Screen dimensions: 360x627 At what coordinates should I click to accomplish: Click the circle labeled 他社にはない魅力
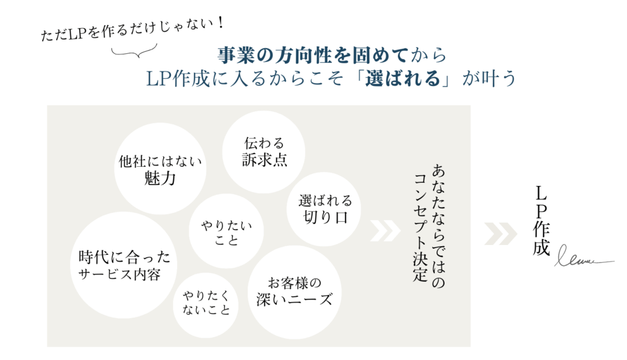(x=160, y=169)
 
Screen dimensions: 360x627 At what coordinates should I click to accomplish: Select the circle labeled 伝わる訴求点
(x=264, y=152)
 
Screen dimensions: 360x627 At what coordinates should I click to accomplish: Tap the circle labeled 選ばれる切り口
(x=325, y=208)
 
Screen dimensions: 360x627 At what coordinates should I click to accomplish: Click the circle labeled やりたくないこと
(x=206, y=303)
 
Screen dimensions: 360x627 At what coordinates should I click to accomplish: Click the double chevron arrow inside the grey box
(x=386, y=233)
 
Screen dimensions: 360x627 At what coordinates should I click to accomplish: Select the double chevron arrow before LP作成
(x=500, y=233)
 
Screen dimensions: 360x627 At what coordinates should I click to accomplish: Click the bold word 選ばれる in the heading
(x=403, y=79)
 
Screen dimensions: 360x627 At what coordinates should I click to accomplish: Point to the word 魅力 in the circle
(x=160, y=178)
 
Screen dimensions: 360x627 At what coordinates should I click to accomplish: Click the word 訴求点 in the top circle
(x=265, y=160)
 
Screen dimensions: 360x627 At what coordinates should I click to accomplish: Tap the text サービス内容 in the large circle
(x=120, y=274)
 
